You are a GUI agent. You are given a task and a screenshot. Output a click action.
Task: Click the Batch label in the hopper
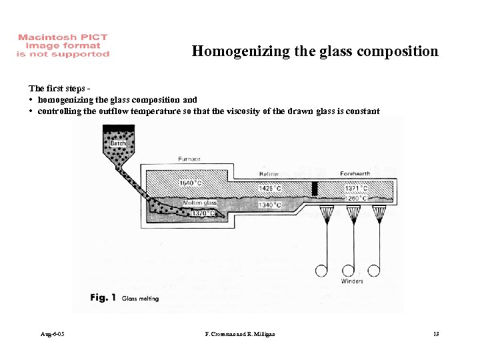coord(118,143)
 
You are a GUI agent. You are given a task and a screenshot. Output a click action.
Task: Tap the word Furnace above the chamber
coord(189,159)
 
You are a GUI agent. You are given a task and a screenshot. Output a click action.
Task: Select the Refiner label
coord(269,174)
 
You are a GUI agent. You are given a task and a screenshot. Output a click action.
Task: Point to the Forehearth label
coord(355,174)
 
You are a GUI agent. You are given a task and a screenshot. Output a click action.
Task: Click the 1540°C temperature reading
coord(191,182)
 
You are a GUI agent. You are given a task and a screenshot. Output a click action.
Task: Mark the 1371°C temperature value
coord(356,189)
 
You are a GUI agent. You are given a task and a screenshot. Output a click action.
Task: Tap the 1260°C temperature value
coord(356,197)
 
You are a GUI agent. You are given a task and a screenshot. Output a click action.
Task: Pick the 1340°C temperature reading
coord(269,205)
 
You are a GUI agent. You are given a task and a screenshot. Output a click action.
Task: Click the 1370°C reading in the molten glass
coord(203,213)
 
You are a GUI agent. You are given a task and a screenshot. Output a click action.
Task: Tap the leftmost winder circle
coord(321,270)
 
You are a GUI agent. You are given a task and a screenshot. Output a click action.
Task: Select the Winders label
coord(351,281)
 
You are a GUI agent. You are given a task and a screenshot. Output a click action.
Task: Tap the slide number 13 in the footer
coord(437,333)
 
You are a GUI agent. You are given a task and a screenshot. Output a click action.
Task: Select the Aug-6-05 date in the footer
coord(51,333)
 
